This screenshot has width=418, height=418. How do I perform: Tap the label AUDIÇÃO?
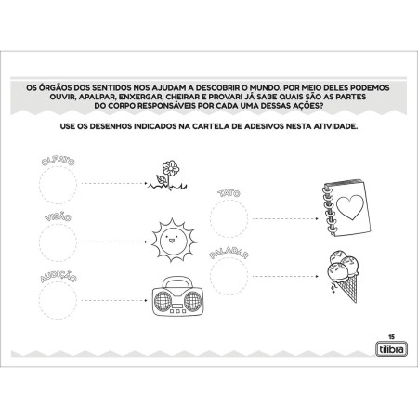(x=58, y=275)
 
